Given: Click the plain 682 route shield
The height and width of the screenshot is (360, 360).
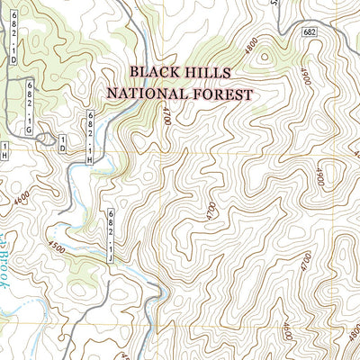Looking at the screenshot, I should (309, 31).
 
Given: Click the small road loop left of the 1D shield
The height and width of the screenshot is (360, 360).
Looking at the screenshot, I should (45, 144).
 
